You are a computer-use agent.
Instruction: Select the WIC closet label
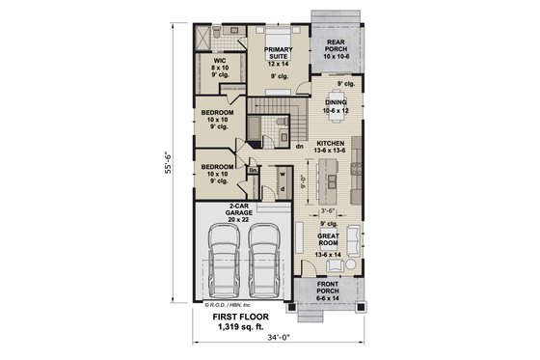click(219, 64)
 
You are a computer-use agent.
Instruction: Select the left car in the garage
click(220, 263)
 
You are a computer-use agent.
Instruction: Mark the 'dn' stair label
click(299, 147)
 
